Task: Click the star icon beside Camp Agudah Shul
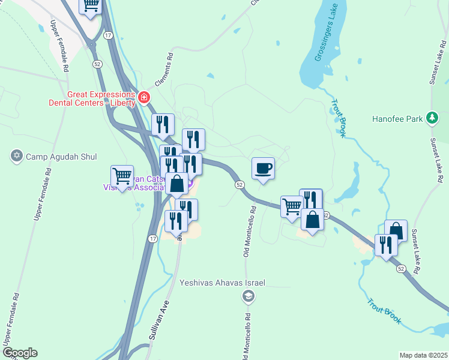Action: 17,157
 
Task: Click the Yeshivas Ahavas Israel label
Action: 222,282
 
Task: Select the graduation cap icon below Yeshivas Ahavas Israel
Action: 248,296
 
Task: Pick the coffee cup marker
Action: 263,169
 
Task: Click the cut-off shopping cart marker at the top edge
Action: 91,7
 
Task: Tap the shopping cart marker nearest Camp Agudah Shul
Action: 122,176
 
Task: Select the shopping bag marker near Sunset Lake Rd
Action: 396,230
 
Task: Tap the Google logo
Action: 20,353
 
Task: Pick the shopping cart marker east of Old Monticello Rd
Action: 292,206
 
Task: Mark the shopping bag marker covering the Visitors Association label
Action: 177,184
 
